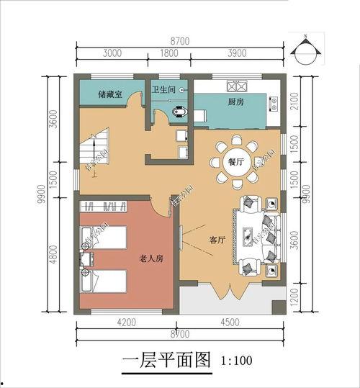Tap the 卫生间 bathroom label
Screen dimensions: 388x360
tap(163, 90)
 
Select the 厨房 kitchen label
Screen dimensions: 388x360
tap(235, 101)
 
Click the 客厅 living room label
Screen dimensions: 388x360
tap(218, 240)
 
